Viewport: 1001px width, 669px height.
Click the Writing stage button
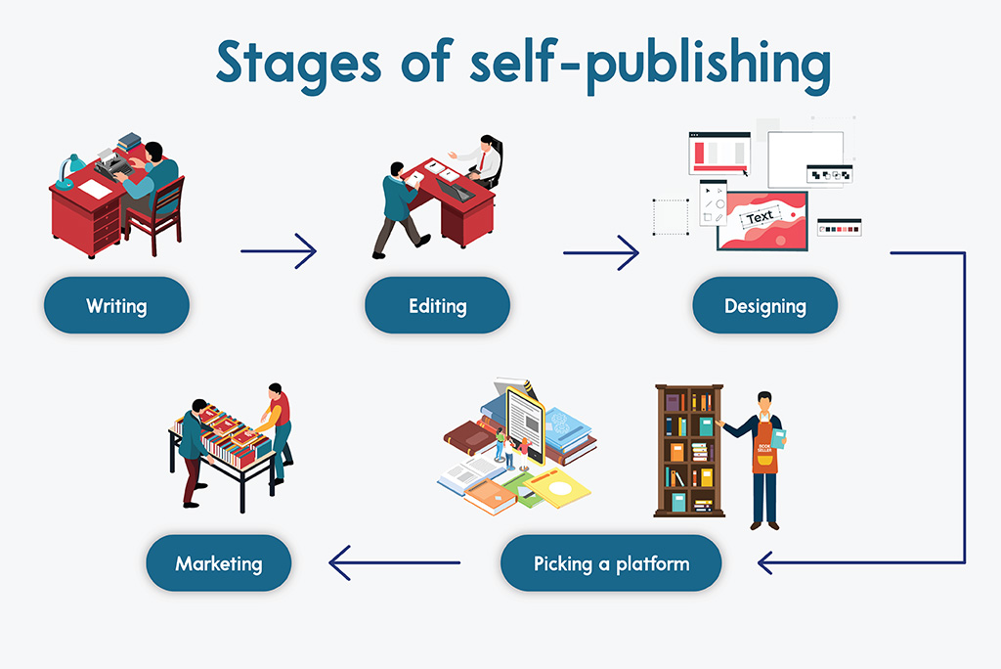[x=116, y=305]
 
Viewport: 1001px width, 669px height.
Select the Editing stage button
[x=437, y=305]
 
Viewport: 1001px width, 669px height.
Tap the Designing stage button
[x=764, y=305]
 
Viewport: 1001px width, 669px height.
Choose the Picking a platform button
[x=611, y=563]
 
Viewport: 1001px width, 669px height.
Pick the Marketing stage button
[x=218, y=563]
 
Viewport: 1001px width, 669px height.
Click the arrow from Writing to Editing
[x=279, y=251]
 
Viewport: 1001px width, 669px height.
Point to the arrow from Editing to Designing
[x=600, y=252]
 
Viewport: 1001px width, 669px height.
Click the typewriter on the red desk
[x=115, y=165]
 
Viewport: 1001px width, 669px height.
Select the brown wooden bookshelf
[x=688, y=449]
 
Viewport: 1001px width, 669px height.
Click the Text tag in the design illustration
[x=760, y=216]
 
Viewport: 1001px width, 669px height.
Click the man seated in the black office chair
[x=484, y=160]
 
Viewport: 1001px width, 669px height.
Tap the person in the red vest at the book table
[x=278, y=425]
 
